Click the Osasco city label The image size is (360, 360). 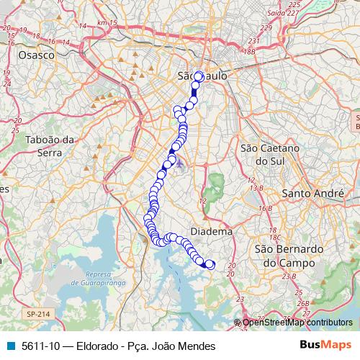point(36,55)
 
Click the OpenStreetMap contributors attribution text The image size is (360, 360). point(297,323)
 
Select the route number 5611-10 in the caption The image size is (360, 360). point(41,346)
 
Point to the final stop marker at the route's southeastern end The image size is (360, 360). point(210,264)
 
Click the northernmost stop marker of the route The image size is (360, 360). point(199,76)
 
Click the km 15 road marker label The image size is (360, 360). point(107,23)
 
